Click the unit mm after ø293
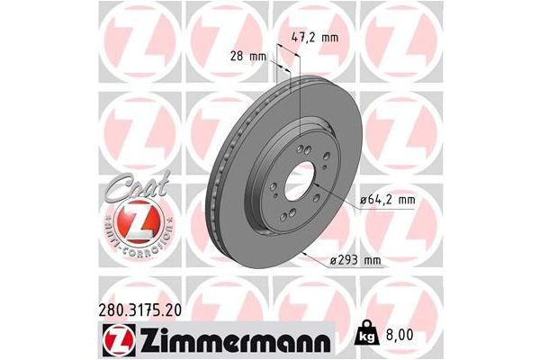(371, 260)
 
